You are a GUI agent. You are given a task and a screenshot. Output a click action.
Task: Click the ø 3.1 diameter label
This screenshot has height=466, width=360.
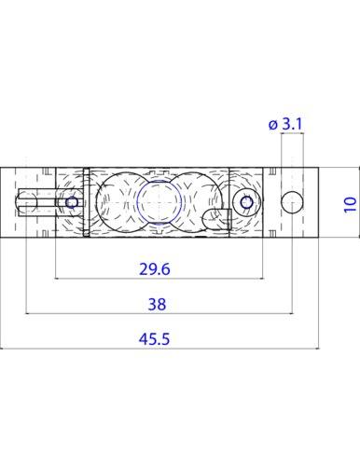285,124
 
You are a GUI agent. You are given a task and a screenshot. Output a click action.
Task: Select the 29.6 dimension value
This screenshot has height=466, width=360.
155,269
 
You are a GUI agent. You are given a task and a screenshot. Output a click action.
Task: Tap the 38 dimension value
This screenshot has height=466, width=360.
157,304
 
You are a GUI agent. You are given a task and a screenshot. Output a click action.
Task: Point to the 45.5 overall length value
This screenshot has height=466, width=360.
154,338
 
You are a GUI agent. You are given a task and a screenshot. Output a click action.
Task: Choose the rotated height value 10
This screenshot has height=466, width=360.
350,204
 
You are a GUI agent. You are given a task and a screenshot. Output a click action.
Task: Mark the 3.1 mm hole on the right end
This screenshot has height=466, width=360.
292,202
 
